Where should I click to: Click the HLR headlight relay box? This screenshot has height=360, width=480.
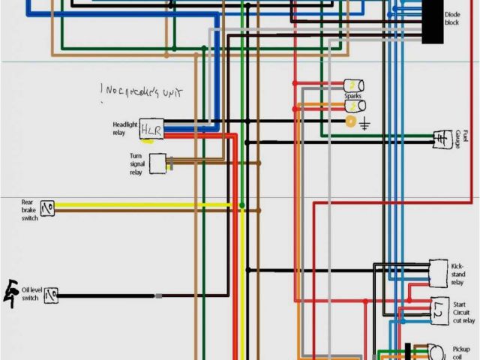[x=151, y=130]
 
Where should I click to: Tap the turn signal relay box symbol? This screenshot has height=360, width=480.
[x=157, y=163]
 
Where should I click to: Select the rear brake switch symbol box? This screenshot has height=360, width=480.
[x=49, y=207]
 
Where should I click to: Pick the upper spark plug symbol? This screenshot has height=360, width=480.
[x=353, y=85]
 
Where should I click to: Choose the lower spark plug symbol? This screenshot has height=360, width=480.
[x=353, y=107]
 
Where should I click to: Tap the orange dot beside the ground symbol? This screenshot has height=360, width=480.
[x=350, y=121]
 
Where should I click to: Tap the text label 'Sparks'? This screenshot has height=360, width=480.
[x=352, y=97]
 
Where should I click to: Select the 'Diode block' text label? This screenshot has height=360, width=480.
[x=451, y=19]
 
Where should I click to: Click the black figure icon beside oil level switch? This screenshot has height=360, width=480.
[x=13, y=289]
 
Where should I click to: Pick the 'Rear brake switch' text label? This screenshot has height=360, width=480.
[x=28, y=211]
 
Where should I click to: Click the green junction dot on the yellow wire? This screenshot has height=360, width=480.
[x=241, y=205]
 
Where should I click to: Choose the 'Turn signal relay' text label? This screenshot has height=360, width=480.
[x=136, y=163]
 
